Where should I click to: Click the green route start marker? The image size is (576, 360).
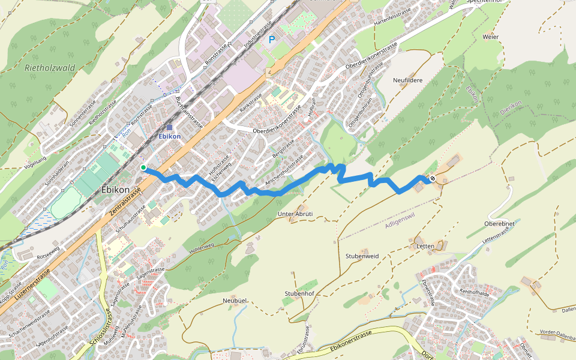click(143, 167)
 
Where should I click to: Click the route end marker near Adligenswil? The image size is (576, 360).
click(432, 178)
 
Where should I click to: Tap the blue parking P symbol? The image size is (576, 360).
click(272, 40)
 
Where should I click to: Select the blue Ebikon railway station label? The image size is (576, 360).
click(169, 136)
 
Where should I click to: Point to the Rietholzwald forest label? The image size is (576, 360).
click(50, 68)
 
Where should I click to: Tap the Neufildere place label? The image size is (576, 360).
click(408, 80)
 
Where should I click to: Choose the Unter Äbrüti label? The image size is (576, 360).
click(296, 214)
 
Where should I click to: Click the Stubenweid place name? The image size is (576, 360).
click(362, 256)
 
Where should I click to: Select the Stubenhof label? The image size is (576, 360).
click(299, 293)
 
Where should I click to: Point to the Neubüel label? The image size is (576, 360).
click(235, 300)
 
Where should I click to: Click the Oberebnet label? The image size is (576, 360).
click(499, 224)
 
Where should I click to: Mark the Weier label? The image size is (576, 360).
click(490, 37)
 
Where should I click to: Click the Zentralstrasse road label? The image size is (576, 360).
click(126, 202)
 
